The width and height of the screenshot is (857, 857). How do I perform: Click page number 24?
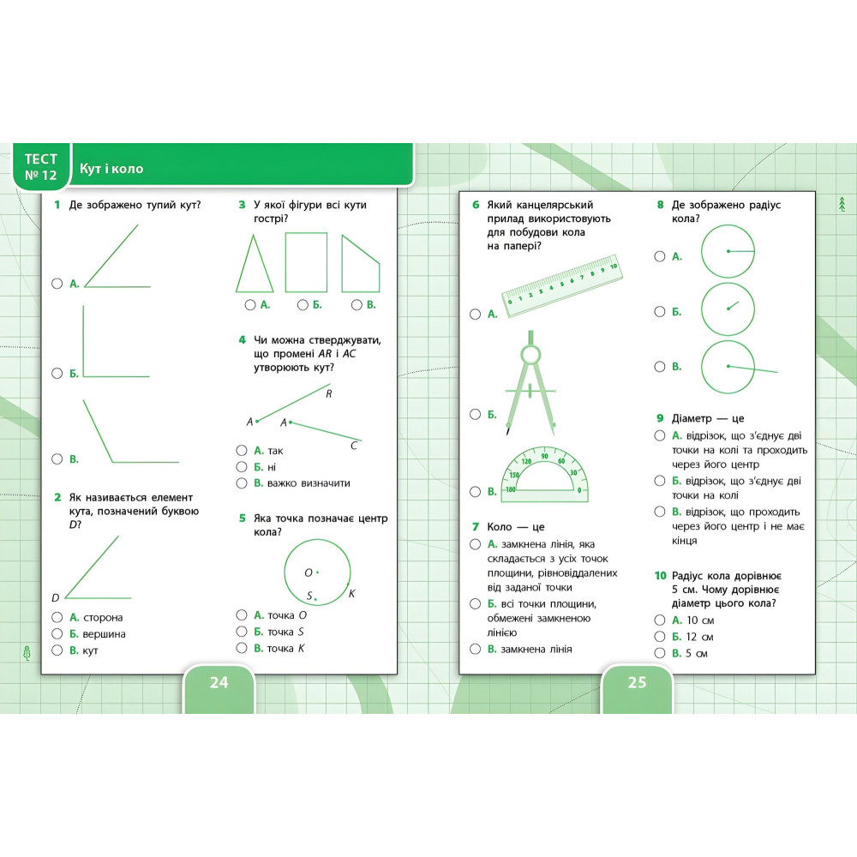tap(219, 683)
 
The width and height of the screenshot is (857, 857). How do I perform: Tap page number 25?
tap(637, 683)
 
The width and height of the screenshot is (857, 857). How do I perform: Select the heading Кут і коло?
tap(111, 169)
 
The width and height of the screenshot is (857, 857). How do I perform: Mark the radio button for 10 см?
tap(660, 620)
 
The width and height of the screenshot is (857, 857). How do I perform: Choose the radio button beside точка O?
tap(243, 614)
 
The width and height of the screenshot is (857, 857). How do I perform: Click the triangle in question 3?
tap(255, 264)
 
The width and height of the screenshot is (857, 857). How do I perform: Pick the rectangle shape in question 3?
tap(306, 262)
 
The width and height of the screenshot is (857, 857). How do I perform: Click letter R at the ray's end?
tap(328, 394)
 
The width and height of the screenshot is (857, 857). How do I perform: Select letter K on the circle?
tap(351, 593)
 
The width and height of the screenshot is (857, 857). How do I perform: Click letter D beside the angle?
tap(55, 597)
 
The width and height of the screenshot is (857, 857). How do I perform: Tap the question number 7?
tap(475, 526)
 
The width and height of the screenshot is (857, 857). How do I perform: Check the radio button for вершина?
tap(57, 633)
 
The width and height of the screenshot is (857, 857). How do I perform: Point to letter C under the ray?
tap(354, 446)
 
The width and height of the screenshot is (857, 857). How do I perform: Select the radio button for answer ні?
tap(243, 467)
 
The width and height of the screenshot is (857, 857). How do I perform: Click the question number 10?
tap(661, 576)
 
